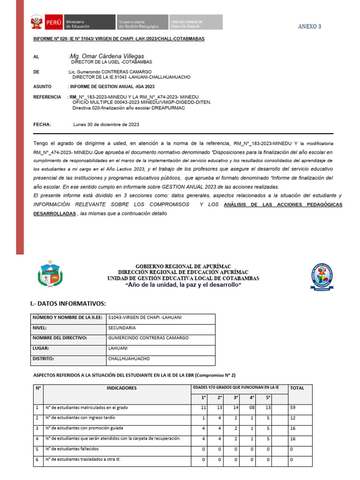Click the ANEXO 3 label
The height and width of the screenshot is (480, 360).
(x=309, y=27)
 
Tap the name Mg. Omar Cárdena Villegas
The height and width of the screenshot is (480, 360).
(x=106, y=56)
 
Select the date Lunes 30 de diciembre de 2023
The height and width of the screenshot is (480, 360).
(x=106, y=125)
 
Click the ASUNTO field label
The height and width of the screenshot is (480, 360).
(x=43, y=87)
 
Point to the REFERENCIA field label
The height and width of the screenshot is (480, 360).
(x=47, y=97)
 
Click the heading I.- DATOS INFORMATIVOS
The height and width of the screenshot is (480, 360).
(x=68, y=304)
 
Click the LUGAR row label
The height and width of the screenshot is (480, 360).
(x=41, y=349)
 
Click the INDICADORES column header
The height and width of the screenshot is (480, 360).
(x=121, y=388)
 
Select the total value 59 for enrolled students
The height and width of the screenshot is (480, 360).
(x=293, y=408)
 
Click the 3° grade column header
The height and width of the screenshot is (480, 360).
(x=236, y=398)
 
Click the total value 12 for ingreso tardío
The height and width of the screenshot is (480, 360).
(x=293, y=418)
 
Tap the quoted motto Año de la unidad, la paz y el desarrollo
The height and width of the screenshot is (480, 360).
(x=183, y=285)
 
